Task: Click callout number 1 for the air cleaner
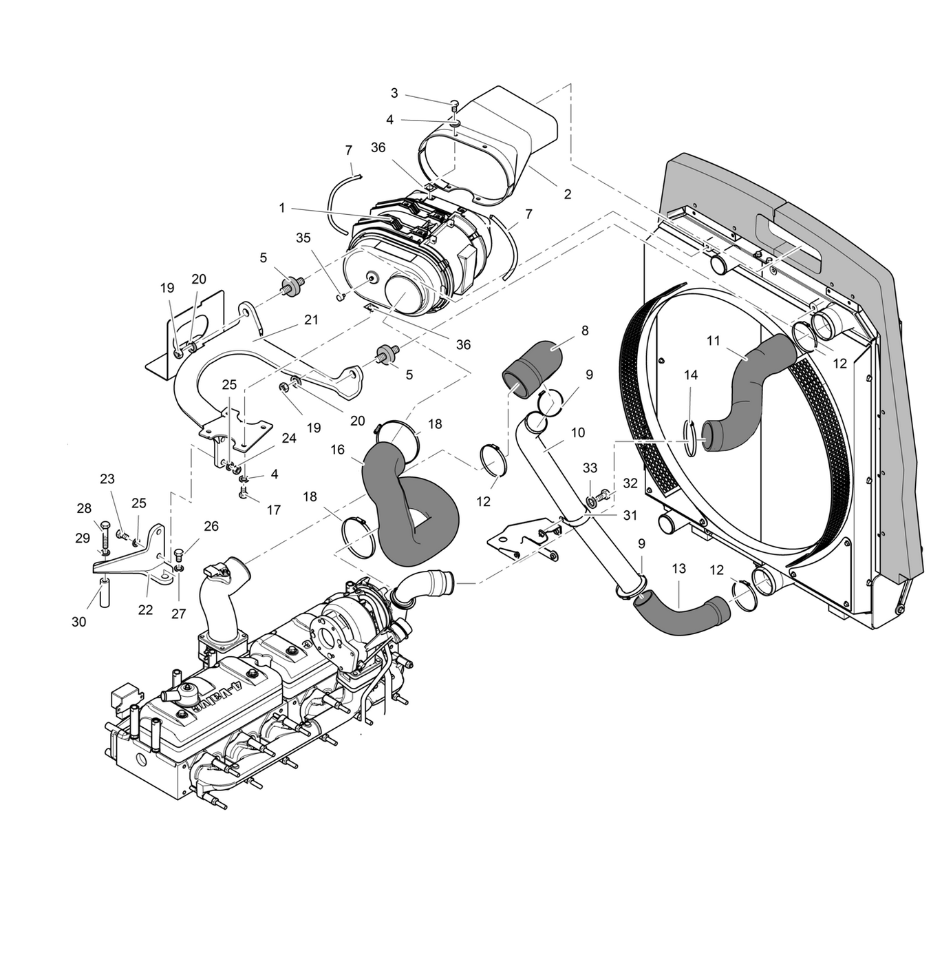282,208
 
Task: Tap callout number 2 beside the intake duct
567,194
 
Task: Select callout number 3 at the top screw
394,93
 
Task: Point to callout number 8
585,331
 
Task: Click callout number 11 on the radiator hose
713,340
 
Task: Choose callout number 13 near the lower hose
679,569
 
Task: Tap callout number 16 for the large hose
337,450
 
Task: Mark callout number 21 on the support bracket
311,320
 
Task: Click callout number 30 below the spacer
79,622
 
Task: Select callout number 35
303,238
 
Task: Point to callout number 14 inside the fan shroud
691,375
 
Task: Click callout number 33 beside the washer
590,468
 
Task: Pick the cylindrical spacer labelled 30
105,594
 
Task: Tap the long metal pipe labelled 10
571,510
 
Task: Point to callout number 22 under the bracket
145,609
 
